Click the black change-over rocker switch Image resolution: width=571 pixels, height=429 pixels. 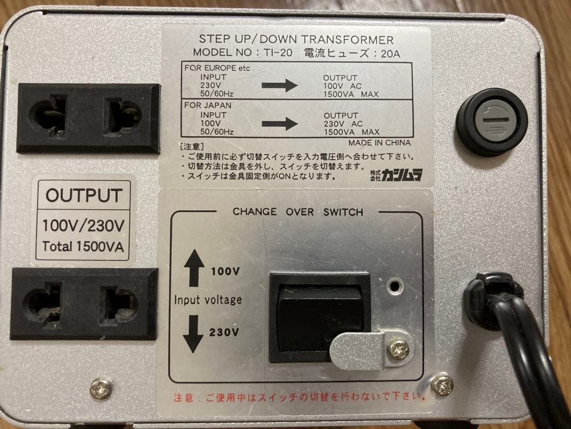tap(319, 312)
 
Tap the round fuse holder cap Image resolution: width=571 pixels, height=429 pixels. tap(492, 122)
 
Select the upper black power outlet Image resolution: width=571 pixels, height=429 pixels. tap(88, 118)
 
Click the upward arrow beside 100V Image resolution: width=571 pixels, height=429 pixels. tap(194, 267)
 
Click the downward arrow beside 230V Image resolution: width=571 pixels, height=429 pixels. tap(194, 334)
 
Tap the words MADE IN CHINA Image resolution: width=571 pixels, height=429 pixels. tap(379, 142)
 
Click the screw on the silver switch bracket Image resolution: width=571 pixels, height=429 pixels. tap(398, 349)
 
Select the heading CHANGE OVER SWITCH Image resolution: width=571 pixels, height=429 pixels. tap(298, 212)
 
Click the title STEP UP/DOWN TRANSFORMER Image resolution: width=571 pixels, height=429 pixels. tap(296, 40)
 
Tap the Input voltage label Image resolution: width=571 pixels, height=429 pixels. tap(208, 300)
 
